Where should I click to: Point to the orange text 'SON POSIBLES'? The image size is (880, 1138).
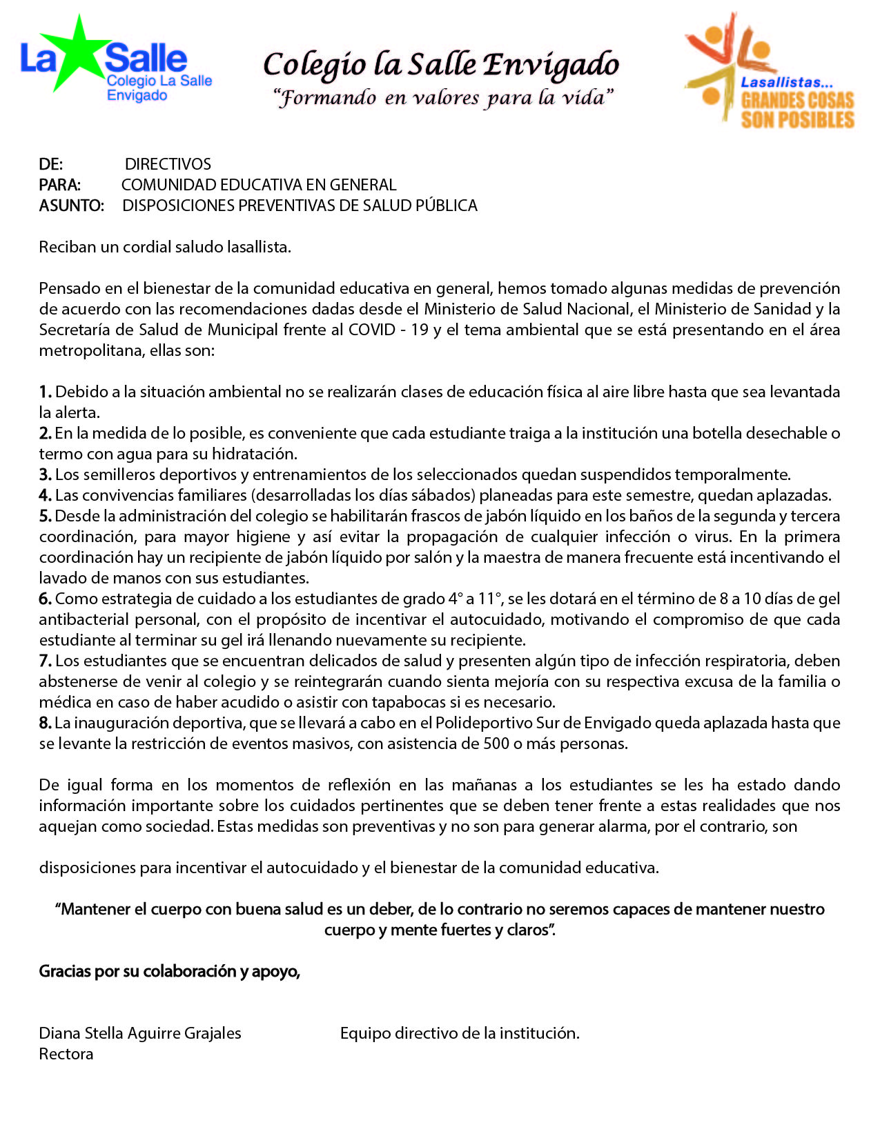point(797,120)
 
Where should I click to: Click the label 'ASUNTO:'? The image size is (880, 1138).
point(71,206)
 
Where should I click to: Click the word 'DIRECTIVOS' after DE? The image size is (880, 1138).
point(168,164)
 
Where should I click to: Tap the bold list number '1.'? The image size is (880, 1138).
point(45,392)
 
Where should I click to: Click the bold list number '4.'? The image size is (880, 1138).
point(45,495)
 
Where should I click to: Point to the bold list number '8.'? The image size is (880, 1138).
point(45,723)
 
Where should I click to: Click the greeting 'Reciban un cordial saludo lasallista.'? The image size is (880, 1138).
point(165,247)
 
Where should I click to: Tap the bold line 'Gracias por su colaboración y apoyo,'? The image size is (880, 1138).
point(169,971)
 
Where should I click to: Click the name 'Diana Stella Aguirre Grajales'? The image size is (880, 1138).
point(140,1033)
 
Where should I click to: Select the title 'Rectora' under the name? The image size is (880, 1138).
point(66,1054)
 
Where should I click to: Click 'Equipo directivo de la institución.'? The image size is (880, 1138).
point(460,1033)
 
